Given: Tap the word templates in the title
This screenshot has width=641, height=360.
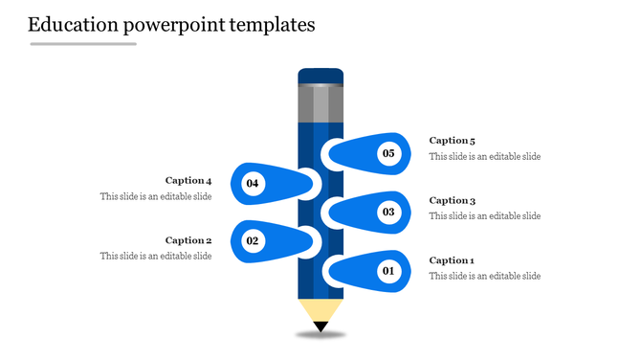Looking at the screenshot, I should (x=273, y=25).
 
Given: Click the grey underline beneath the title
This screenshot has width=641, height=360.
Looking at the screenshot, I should (x=83, y=44).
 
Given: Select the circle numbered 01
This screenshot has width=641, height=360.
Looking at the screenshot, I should (x=388, y=271).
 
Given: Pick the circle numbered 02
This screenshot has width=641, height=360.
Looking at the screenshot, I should (x=253, y=241).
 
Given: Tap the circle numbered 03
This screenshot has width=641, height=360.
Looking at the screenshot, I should (x=388, y=212).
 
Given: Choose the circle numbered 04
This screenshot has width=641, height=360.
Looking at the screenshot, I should (x=253, y=182).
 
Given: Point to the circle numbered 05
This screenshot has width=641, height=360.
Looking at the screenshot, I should (x=388, y=152).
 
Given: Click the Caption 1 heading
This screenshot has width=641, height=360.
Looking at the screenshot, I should (x=452, y=260).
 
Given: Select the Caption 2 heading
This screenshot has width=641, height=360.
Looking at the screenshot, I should (x=188, y=240).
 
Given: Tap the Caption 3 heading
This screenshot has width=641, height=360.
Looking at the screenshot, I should (x=452, y=201).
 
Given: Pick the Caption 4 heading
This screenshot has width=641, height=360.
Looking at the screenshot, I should (x=188, y=180).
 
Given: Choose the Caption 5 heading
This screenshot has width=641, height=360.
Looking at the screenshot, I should (x=452, y=141).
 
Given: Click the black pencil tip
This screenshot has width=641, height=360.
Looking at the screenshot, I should (x=320, y=326).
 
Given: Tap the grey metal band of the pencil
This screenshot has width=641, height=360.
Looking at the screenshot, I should (x=320, y=103).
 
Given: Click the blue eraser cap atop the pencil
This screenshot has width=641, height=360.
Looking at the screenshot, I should (x=320, y=76).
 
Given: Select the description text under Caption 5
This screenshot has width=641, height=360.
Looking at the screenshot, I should (x=485, y=156).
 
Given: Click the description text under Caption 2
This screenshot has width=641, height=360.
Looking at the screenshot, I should (x=156, y=256).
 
